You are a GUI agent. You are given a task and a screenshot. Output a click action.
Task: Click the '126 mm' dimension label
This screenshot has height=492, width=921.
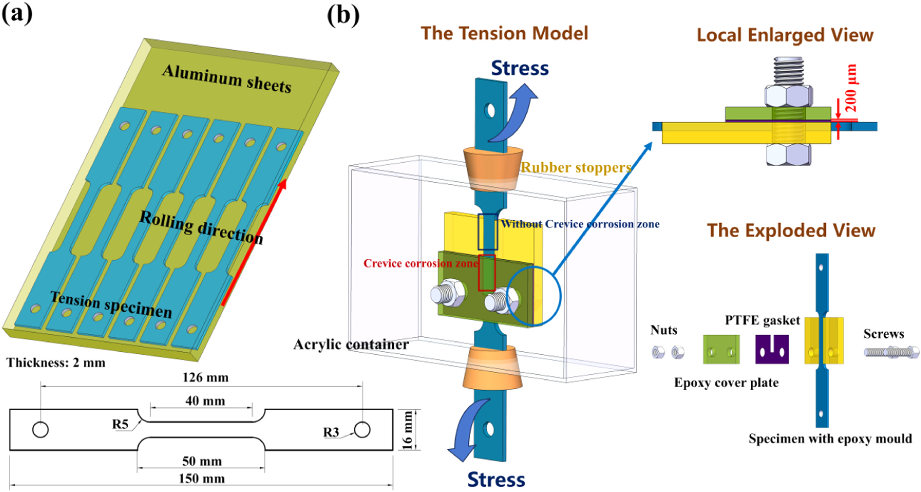click(205, 378)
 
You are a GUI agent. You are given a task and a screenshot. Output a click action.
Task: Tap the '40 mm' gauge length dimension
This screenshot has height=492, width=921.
click(205, 401)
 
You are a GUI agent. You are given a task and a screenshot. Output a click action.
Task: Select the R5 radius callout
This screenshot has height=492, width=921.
click(120, 424)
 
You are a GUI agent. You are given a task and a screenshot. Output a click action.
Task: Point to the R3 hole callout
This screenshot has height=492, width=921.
click(331, 432)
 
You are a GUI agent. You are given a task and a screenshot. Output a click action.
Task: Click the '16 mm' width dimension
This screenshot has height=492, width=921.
click(407, 430)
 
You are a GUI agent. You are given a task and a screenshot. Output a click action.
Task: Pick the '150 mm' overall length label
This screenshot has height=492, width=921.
click(201, 478)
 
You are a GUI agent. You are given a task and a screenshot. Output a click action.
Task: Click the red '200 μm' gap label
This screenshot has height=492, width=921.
click(850, 87)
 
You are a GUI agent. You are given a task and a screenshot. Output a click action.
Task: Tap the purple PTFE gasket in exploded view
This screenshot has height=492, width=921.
click(772, 349)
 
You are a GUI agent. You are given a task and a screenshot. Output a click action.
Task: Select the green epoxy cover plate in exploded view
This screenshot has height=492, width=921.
click(721, 349)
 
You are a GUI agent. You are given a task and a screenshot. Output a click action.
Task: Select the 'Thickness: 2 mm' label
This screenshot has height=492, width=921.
click(56, 363)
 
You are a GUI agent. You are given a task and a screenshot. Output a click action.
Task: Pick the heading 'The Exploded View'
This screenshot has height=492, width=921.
click(791, 231)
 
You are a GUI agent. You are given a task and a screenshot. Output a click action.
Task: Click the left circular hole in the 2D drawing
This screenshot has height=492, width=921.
click(40, 430)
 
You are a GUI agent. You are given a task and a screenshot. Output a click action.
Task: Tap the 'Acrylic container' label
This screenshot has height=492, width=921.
click(351, 344)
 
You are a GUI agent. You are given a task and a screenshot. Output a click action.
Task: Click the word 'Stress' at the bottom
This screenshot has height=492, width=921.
click(496, 479)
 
